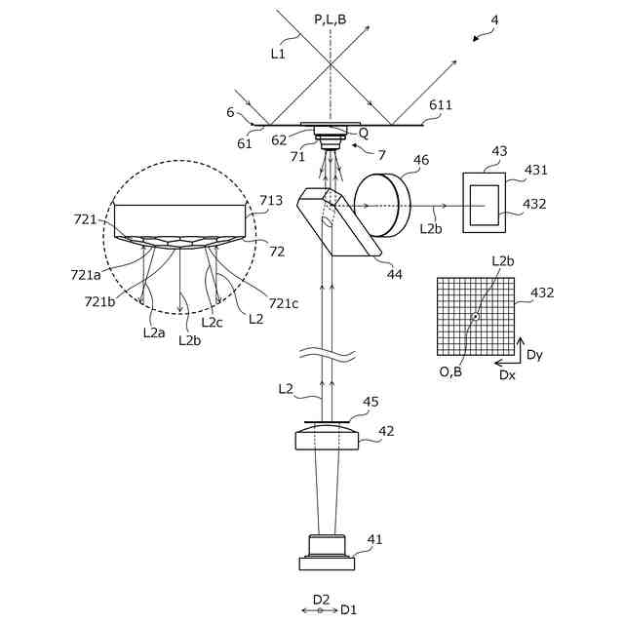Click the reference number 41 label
(x=375, y=538)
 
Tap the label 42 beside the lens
(x=386, y=430)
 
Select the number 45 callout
(x=370, y=401)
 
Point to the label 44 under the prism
(x=394, y=274)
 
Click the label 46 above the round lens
(x=421, y=160)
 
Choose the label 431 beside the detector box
(x=536, y=170)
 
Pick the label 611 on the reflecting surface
(x=441, y=104)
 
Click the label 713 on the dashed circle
(x=271, y=201)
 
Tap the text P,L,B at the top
(x=331, y=19)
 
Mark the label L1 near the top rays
(x=278, y=54)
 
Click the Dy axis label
(x=534, y=355)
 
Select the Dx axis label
(x=507, y=374)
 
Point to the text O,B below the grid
(x=451, y=370)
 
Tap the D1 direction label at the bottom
(x=348, y=609)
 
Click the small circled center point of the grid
(x=475, y=317)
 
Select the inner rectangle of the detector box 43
(x=485, y=206)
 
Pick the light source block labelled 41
(x=327, y=553)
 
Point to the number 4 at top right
(x=494, y=19)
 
